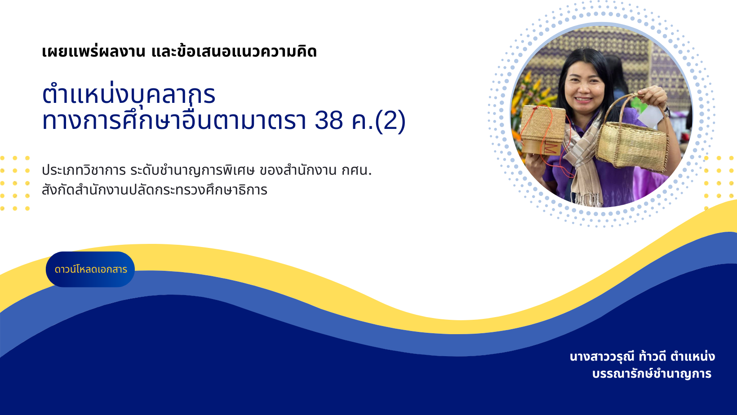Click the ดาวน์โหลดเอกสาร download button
[x=90, y=269]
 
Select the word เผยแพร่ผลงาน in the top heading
[x=93, y=52]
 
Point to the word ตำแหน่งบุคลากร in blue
[x=129, y=94]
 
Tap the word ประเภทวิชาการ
[x=84, y=170]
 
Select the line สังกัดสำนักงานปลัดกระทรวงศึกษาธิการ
[x=154, y=190]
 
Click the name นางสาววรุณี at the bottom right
[x=602, y=357]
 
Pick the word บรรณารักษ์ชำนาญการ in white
[x=652, y=374]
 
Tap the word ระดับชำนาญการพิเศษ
[x=192, y=170]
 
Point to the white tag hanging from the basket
[x=650, y=117]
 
